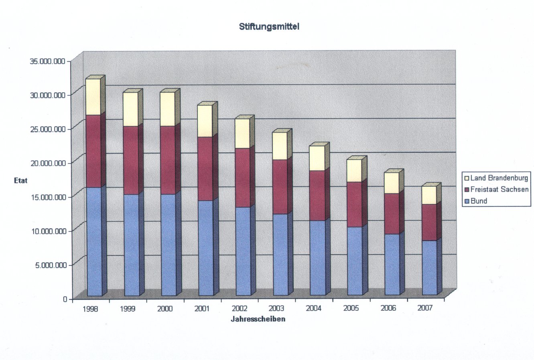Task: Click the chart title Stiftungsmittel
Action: pos(269,27)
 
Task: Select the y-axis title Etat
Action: pos(20,180)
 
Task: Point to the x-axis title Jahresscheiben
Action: pos(258,319)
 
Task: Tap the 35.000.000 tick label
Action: pos(47,61)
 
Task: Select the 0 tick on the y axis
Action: pos(65,299)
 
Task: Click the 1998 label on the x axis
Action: pos(90,309)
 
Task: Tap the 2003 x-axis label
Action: pos(276,308)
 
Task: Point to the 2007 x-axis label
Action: pos(425,308)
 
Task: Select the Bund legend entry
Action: pos(479,201)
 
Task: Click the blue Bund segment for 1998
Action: pos(94,241)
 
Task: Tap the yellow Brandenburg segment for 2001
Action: pos(205,121)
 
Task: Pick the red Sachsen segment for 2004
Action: pos(317,195)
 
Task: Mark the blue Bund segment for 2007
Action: pos(429,267)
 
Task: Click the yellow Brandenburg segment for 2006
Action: pos(392,183)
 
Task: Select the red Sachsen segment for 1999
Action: pos(131,160)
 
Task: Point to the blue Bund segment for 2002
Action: pos(242,251)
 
